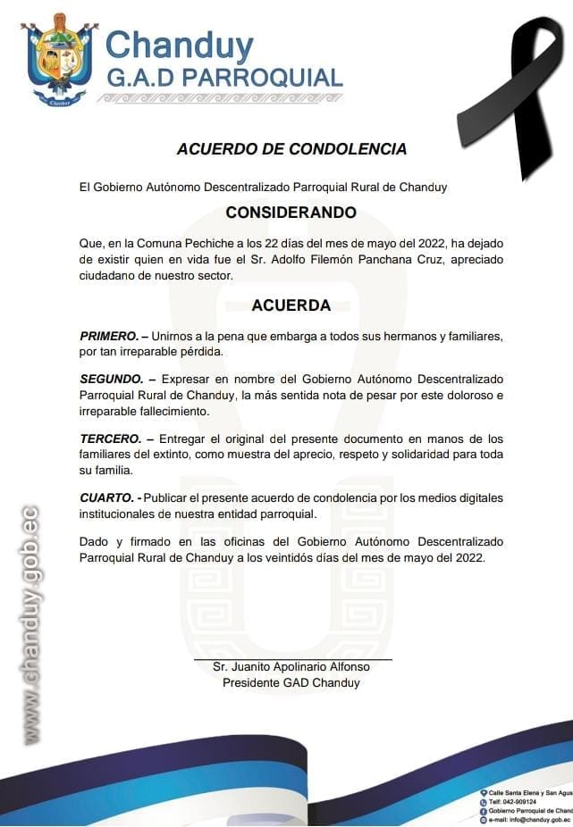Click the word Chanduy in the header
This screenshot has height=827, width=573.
click(179, 45)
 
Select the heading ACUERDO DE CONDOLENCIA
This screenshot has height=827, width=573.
click(291, 149)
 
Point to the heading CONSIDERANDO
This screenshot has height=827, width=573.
click(291, 213)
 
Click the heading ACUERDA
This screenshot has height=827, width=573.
click(291, 305)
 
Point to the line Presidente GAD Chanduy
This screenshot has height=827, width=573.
click(291, 683)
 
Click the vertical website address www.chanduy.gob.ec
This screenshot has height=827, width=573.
click(31, 625)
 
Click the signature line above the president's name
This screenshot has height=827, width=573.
click(292, 659)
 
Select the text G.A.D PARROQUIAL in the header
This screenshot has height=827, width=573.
click(224, 77)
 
